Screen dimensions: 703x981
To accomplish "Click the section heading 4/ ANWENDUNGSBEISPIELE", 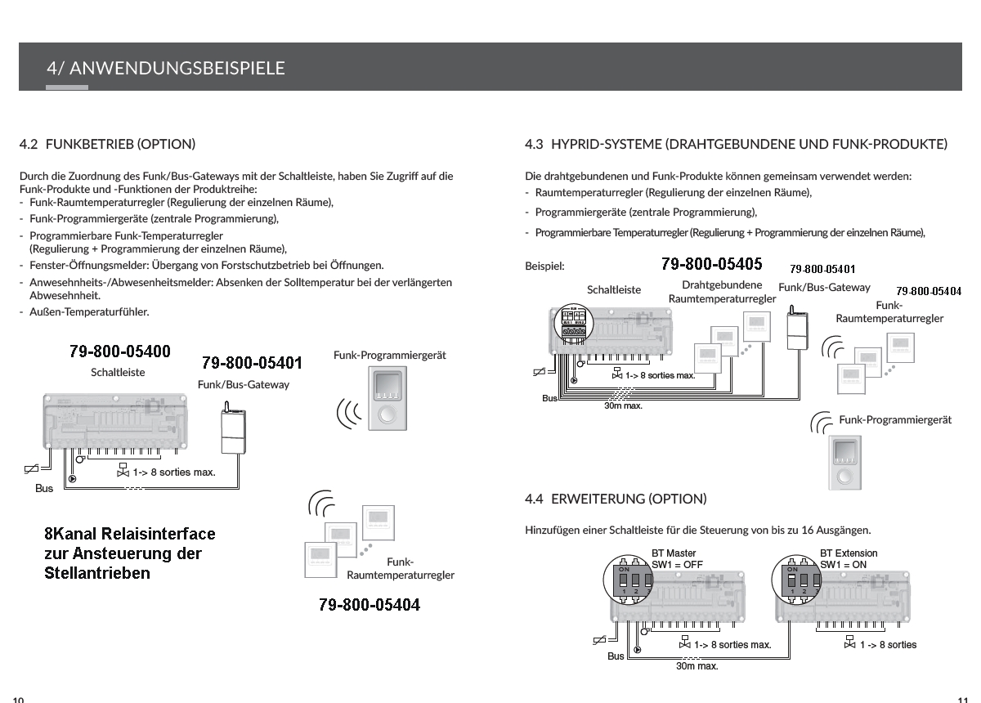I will (x=166, y=68).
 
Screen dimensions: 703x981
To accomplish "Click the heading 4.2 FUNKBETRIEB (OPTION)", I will (x=108, y=145).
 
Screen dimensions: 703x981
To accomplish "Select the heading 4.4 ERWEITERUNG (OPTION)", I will (x=616, y=499).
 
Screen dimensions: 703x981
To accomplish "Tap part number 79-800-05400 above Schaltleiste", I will (x=120, y=351).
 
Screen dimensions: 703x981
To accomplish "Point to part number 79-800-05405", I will (x=711, y=264).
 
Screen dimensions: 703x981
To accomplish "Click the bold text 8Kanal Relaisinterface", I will (x=130, y=534).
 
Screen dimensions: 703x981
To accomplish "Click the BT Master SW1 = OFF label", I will (x=677, y=559).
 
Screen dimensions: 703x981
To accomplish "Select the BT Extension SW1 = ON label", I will (x=849, y=559).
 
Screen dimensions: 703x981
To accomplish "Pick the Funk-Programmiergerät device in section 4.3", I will (x=844, y=462).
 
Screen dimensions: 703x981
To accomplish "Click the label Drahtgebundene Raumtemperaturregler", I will (x=722, y=293).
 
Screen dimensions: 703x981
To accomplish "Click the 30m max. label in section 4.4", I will (x=697, y=666).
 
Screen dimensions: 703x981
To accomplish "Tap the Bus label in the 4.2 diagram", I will (x=44, y=489).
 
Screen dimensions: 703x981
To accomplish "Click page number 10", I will (x=18, y=699).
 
